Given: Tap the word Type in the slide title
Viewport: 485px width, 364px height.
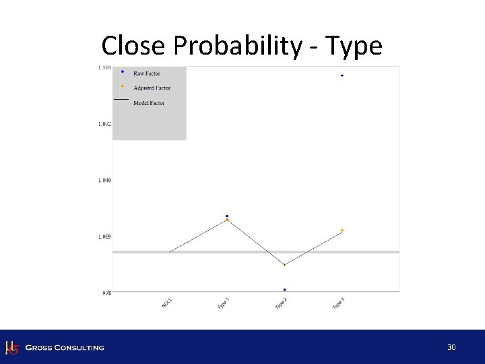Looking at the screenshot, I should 354,47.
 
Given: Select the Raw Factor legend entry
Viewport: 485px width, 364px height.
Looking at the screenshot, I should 146,73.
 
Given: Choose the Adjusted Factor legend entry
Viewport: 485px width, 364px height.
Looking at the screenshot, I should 152,88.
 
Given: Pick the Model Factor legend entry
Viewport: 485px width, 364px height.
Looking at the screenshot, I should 148,103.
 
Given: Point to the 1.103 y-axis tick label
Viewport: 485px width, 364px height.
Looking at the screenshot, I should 104,68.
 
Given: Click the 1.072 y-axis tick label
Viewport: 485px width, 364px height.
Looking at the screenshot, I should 104,124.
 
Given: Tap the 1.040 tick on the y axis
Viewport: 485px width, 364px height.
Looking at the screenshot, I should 104,181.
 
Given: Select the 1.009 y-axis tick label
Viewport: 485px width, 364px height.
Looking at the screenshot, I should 104,237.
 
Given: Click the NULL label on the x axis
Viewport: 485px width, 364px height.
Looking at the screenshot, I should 167,304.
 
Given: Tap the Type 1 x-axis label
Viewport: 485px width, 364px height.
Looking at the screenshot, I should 224,304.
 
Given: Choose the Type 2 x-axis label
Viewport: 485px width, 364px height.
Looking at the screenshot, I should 282,304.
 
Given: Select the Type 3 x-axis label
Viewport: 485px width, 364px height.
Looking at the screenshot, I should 339,304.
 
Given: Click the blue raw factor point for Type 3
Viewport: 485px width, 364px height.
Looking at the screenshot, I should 342,75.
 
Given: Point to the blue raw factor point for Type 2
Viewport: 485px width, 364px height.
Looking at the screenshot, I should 285,290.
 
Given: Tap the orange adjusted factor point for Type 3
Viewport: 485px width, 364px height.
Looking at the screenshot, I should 342,231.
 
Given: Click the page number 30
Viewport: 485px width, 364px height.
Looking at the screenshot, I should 451,347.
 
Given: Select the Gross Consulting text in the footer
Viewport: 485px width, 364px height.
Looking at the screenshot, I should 65,348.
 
